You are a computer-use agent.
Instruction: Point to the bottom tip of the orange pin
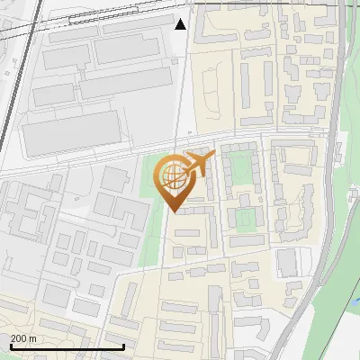coord(173,211)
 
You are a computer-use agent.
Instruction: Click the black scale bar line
coord(67,346)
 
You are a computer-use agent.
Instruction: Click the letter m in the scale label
coord(34,338)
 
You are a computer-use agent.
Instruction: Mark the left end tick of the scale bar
coord(10,345)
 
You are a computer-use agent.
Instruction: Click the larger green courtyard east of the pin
coord(238,167)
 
